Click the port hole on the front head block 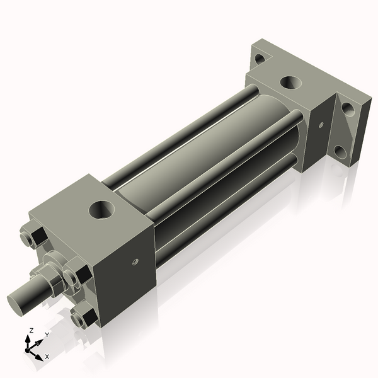(101, 209)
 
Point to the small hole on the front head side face (135, 261)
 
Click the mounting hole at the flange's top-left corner (259, 59)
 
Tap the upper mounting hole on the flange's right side (347, 109)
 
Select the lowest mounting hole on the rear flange (340, 151)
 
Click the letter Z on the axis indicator (31, 330)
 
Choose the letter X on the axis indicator (47, 357)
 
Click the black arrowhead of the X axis (39, 354)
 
